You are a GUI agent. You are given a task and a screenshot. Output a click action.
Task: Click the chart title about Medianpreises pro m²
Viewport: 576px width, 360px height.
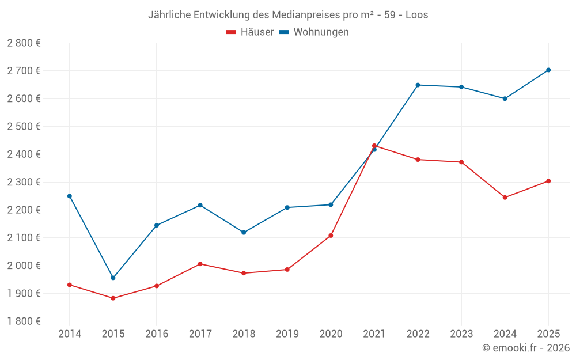click(288, 14)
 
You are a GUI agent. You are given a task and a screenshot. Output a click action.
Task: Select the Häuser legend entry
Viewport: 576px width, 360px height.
click(250, 32)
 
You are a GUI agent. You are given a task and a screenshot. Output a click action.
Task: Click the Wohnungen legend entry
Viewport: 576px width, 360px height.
click(314, 32)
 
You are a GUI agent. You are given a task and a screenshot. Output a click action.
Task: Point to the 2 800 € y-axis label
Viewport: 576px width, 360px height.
click(24, 43)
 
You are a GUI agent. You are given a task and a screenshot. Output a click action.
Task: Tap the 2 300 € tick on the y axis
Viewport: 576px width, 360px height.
click(24, 182)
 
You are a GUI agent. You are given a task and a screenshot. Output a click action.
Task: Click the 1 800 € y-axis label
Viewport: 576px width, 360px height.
click(24, 321)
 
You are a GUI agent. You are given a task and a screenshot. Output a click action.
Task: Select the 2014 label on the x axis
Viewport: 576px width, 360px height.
click(70, 334)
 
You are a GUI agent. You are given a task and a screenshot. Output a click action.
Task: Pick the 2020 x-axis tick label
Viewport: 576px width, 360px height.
click(331, 334)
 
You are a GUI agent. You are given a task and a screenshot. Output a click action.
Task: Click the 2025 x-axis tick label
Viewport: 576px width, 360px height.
click(548, 334)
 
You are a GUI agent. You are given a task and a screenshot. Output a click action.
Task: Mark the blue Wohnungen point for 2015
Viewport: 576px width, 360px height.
click(113, 278)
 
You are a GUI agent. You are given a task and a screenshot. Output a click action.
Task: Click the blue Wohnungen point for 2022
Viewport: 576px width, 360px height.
click(418, 85)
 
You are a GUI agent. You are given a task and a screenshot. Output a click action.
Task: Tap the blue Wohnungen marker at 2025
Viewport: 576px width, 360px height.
click(548, 70)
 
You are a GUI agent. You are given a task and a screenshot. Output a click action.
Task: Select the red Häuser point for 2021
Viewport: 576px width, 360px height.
click(374, 146)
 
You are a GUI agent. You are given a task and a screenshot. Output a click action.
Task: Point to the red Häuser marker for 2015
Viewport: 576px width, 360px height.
click(113, 298)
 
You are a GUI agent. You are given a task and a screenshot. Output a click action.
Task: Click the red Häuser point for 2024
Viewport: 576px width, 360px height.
click(505, 198)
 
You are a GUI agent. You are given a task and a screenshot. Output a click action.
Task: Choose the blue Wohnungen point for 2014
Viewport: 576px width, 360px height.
click(70, 196)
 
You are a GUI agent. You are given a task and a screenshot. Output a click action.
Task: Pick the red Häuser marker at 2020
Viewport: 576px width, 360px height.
click(331, 236)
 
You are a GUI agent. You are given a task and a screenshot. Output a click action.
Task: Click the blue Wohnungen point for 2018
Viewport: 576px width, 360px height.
click(244, 233)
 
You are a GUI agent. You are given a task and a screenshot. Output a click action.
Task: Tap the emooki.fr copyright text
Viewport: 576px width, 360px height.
click(525, 348)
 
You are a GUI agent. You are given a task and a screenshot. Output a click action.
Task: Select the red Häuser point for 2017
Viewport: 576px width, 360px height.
click(200, 264)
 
